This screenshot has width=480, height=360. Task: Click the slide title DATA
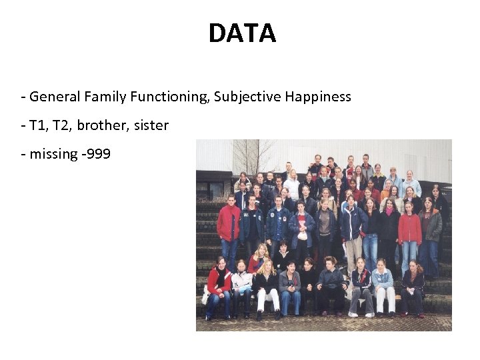pos(241,33)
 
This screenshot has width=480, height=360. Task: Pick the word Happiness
pos(318,97)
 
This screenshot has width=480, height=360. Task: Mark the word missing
pos(54,154)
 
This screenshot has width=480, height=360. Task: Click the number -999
pos(97,154)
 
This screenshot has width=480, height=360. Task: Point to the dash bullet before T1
pos(23,126)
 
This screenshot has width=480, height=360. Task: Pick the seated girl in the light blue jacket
pos(383,283)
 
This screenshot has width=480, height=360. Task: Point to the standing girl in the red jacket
pos(409,230)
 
